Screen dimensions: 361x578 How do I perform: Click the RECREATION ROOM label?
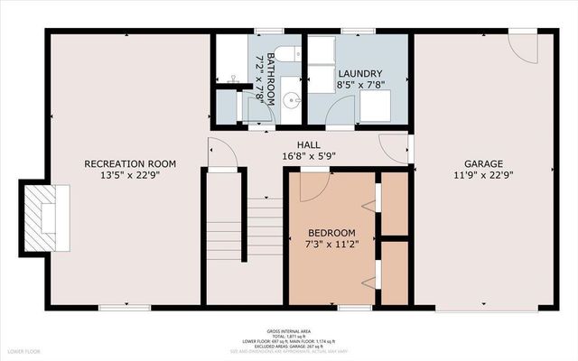tap(130, 163)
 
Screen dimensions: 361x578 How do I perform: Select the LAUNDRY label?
tap(360, 73)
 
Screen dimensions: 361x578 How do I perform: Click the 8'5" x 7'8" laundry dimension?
tap(360, 85)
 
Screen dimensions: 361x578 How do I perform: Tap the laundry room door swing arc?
tap(340, 111)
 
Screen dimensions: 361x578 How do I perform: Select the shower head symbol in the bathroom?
tap(234, 80)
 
